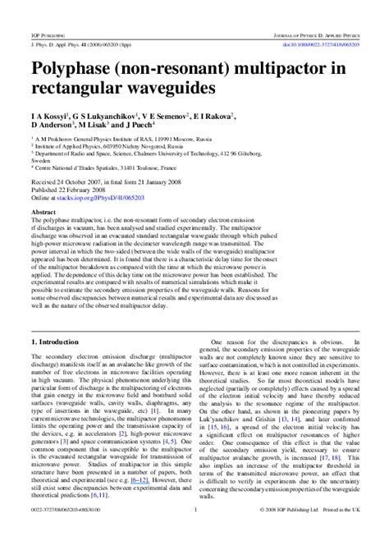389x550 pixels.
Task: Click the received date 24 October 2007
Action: pyautogui.click(x=81, y=181)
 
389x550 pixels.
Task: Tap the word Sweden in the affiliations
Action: pyautogui.click(x=43, y=162)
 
